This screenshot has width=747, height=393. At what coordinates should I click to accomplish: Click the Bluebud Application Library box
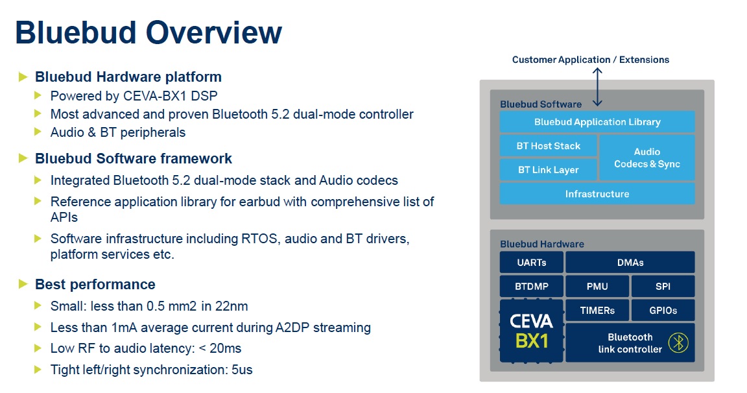(x=597, y=122)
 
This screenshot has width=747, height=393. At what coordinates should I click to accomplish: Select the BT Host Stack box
(x=548, y=146)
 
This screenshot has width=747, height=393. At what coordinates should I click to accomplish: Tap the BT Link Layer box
(x=548, y=169)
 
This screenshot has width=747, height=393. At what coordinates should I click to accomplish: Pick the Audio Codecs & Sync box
(x=647, y=158)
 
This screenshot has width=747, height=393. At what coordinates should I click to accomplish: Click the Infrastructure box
(x=597, y=194)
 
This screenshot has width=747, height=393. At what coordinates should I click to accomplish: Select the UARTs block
(x=531, y=263)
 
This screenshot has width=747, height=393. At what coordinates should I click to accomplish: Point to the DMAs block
(x=630, y=263)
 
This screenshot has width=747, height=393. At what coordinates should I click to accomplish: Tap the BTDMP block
(x=531, y=286)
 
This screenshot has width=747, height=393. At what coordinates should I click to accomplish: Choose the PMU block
(x=597, y=286)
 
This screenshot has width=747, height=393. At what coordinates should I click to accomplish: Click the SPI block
(x=663, y=286)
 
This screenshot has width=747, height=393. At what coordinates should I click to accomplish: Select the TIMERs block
(x=597, y=311)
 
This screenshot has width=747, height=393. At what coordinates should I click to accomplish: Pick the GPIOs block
(x=663, y=311)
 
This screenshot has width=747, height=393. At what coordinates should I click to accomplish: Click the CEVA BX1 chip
(x=531, y=331)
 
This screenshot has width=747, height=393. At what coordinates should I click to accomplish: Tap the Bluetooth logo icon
(x=678, y=342)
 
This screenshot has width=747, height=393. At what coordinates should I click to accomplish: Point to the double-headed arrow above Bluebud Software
(x=597, y=87)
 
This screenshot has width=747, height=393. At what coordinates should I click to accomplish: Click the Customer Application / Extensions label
(x=591, y=60)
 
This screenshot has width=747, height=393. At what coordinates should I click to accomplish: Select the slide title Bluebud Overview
(x=148, y=32)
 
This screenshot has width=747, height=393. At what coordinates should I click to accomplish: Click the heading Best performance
(x=95, y=285)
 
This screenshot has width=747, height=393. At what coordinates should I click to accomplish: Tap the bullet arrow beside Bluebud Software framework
(x=23, y=158)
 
